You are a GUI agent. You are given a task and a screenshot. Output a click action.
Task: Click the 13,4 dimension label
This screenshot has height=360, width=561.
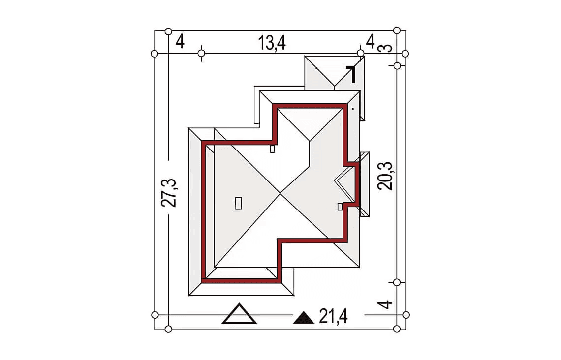click(x=272, y=43)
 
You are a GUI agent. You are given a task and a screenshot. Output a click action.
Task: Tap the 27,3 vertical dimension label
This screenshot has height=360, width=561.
click(x=168, y=193)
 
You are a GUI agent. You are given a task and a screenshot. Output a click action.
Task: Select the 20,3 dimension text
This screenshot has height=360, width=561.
click(x=385, y=176)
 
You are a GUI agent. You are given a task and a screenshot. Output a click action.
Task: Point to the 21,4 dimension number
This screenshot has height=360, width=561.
click(x=333, y=316)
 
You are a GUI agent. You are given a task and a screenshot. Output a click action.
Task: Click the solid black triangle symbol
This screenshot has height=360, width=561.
click(x=304, y=318)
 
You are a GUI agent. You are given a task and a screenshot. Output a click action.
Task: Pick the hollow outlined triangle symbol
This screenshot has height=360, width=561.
click(x=239, y=314)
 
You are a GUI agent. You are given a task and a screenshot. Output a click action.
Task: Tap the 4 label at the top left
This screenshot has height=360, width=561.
click(x=180, y=41)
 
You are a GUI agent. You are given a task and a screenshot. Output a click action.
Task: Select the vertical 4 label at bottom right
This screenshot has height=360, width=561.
click(x=385, y=305)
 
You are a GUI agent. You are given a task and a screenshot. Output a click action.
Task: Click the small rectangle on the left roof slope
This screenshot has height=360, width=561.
click(x=239, y=203)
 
